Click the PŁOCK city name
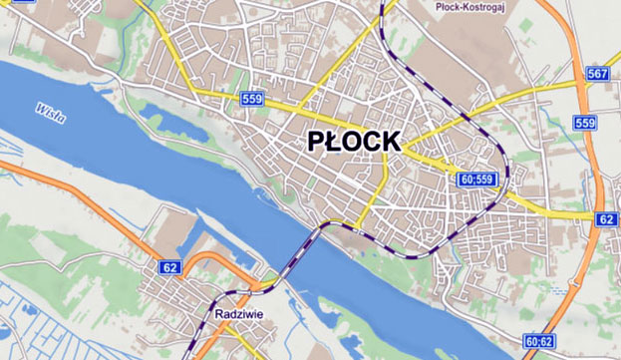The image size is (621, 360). point(353,142)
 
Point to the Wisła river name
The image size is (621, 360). point(49,113)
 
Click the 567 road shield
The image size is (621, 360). point(598,76)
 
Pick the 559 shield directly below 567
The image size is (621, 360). point(585,123)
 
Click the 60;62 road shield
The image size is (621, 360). point(537,341)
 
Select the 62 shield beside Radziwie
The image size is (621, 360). point(170,268)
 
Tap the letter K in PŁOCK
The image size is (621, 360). point(390,142)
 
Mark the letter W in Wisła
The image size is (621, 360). point(39,107)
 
